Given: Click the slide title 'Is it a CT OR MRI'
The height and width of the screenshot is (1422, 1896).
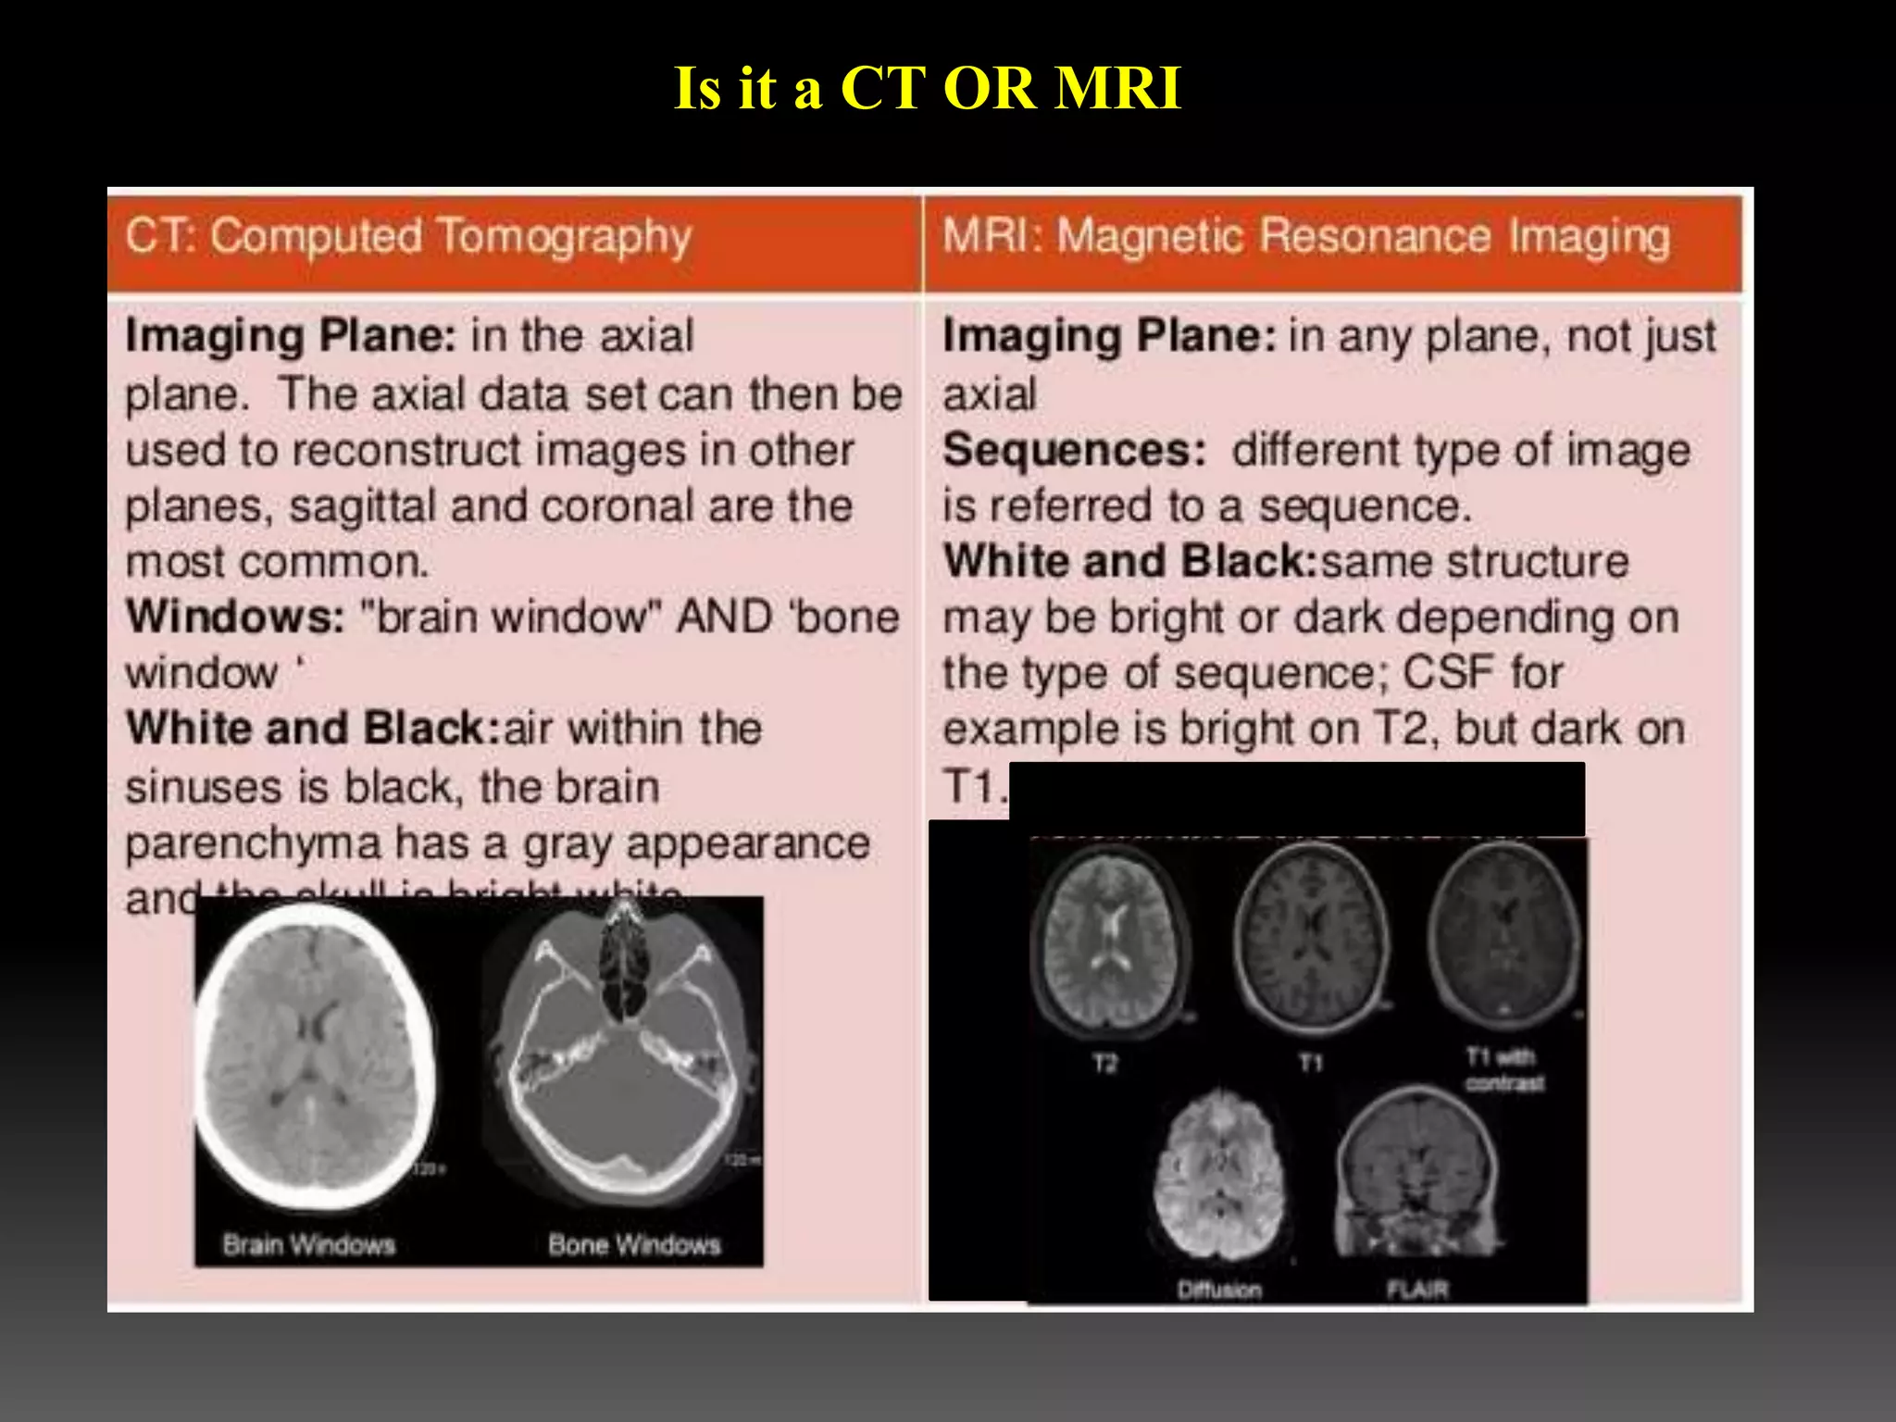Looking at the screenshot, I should point(927,89).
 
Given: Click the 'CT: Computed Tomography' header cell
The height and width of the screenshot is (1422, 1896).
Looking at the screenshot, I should point(408,237).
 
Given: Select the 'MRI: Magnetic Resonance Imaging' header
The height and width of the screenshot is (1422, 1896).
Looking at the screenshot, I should point(1305,237).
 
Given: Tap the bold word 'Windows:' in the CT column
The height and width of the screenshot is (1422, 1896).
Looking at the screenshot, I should point(235,617).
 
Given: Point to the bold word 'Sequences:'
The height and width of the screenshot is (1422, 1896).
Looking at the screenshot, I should point(1074,451).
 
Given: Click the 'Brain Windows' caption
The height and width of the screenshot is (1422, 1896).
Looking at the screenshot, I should point(308,1244).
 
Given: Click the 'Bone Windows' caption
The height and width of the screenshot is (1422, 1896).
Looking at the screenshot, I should point(634,1244).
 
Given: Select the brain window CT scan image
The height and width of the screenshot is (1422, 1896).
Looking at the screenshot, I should point(315,1055).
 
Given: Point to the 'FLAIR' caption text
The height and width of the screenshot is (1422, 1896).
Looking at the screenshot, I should point(1416,1289).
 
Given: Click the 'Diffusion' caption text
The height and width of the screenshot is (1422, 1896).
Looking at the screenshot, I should point(1219,1289).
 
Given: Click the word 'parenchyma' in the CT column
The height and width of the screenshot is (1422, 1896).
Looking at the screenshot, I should point(253,843).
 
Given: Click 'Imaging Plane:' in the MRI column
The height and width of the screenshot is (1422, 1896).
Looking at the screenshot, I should point(1109,336).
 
